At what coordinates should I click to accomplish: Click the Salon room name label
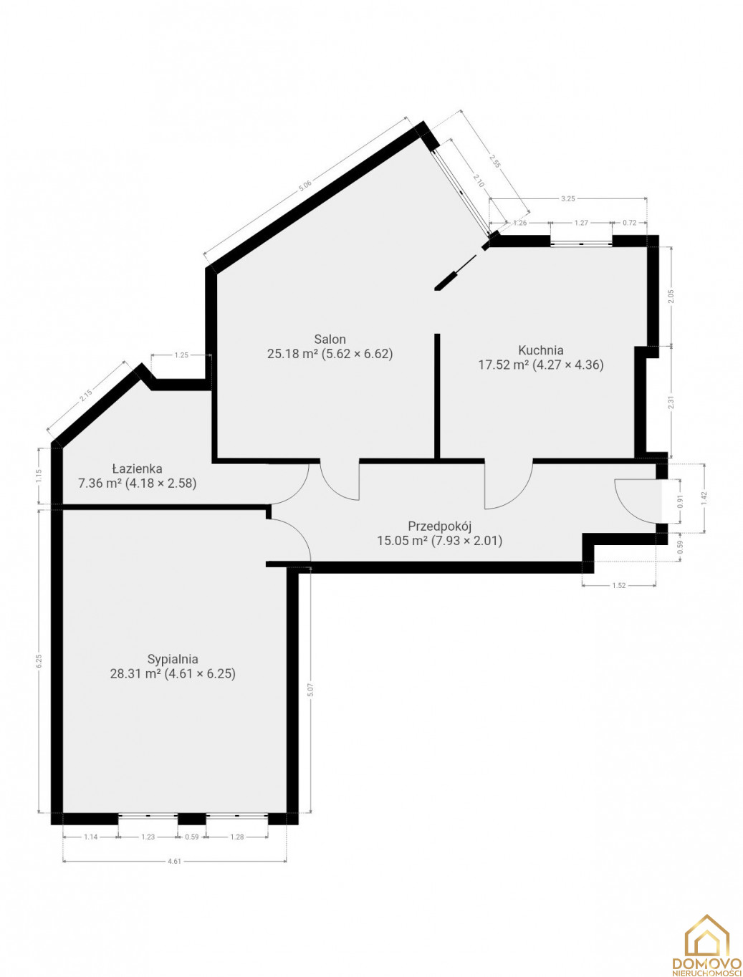coord(330,339)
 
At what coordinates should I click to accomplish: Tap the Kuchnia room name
coord(541,350)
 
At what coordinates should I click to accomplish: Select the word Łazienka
coord(137,468)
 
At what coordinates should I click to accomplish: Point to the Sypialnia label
coord(173,658)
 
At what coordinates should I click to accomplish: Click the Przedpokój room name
coord(439,526)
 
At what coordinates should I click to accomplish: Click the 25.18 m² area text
coord(292,353)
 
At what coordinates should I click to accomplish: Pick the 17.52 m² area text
coord(504,365)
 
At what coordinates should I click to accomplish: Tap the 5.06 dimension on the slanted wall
coord(305,185)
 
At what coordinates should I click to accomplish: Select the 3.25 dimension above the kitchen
coord(567,199)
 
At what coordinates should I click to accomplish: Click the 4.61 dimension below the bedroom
coord(174,860)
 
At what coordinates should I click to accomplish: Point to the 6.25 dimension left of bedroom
coord(39,660)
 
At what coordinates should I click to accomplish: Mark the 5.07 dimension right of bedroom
coord(310,690)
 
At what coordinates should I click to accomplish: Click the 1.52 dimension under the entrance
coord(618,585)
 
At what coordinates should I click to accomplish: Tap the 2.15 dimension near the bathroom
coord(85,395)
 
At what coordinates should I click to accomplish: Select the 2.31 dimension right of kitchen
coord(671,403)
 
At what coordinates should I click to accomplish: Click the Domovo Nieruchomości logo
coord(706,945)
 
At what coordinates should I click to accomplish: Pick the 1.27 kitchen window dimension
coord(581,223)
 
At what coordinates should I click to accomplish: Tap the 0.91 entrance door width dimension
coord(680,501)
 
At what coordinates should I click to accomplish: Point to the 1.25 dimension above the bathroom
coord(181,355)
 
